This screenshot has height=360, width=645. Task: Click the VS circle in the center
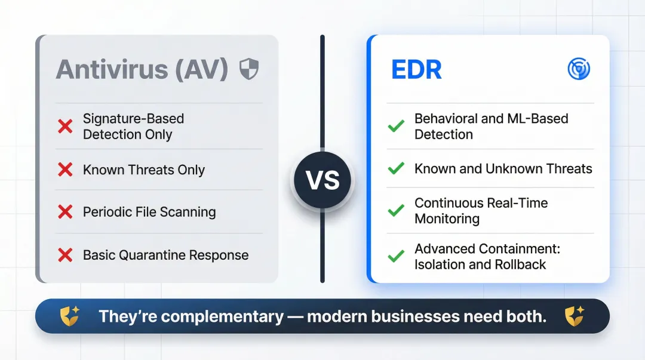322,180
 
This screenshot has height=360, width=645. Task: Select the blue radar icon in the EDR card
578,69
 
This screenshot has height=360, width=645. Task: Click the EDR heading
416,70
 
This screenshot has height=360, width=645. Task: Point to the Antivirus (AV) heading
142,70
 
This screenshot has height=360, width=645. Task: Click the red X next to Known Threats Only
64,170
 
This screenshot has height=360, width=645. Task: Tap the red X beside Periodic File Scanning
64,212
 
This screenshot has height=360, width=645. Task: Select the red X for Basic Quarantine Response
64,255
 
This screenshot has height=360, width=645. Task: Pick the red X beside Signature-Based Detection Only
64,126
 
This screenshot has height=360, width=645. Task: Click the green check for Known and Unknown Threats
395,169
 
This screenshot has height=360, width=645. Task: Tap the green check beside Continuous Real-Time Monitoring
395,211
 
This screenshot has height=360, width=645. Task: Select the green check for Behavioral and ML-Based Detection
395,126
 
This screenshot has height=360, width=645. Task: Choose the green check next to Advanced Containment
395,256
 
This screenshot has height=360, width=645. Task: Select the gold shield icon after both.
575,316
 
